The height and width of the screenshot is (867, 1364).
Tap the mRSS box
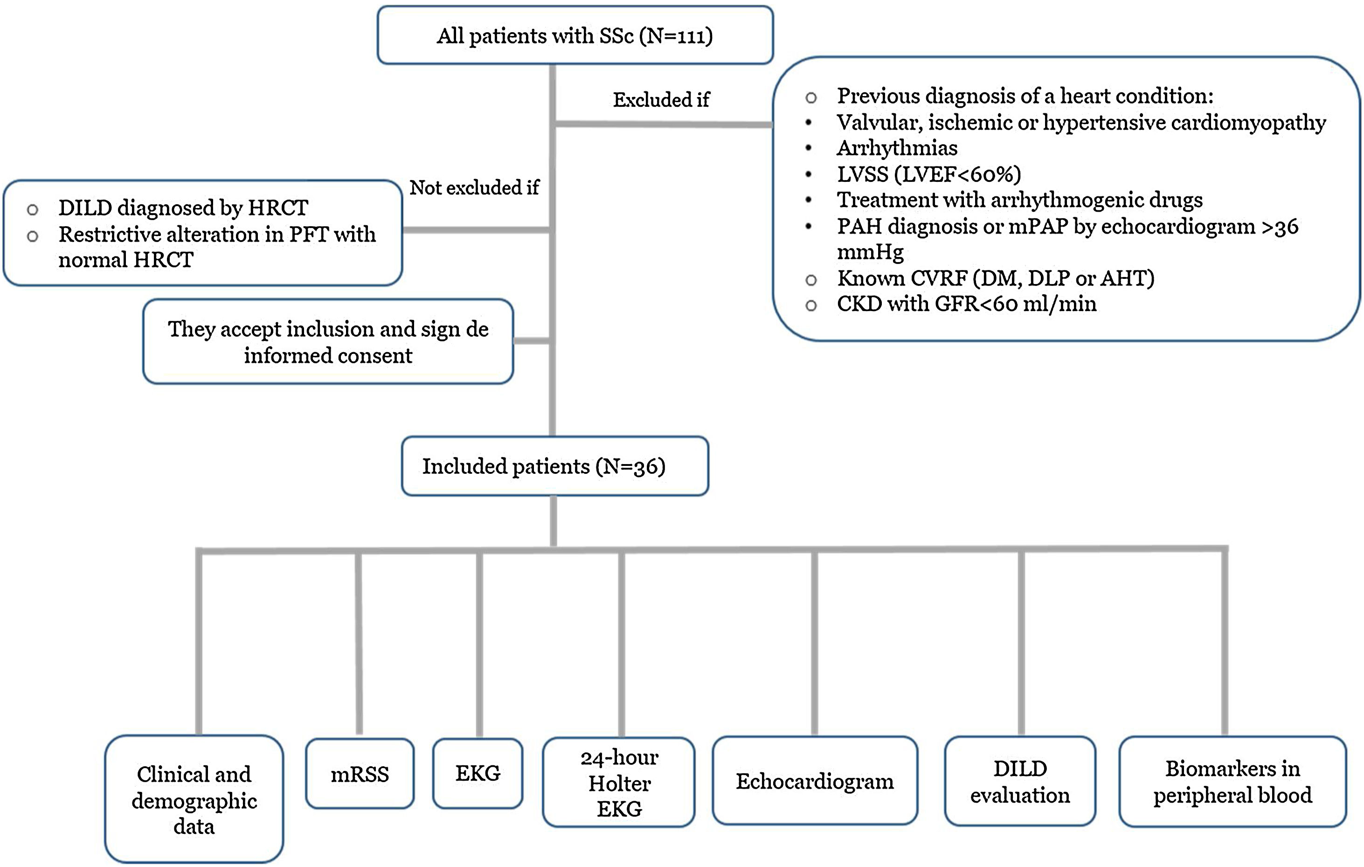point(360,774)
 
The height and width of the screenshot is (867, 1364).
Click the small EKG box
point(478,773)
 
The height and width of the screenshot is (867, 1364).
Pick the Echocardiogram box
point(815,781)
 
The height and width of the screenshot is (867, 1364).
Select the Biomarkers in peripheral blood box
point(1232,782)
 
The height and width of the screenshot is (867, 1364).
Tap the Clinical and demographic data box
point(194,799)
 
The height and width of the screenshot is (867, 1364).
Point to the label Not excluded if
point(474,187)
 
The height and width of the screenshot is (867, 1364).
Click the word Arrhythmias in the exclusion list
point(897,148)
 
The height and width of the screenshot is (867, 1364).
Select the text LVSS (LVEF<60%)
point(928,174)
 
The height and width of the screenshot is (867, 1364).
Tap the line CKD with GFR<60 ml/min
point(966,304)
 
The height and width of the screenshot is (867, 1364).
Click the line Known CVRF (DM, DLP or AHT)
point(995,278)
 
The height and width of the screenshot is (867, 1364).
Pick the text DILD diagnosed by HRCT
point(183,208)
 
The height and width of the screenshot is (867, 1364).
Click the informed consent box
point(328,342)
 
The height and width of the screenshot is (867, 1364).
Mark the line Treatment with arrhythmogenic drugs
point(1019,200)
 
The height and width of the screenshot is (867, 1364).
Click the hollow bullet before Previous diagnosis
point(810,98)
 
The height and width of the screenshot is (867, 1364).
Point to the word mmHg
point(870,251)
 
